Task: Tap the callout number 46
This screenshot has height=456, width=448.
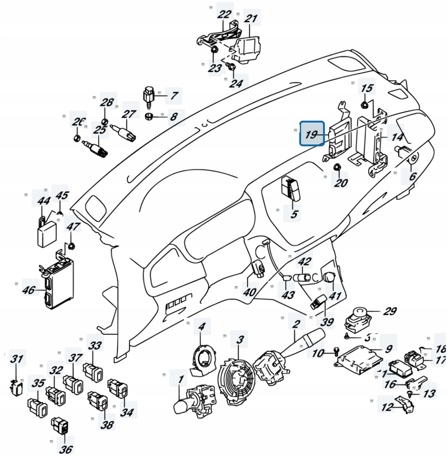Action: [x=29, y=290]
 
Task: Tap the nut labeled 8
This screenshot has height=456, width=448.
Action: [x=150, y=117]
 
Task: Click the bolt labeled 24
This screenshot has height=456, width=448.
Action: [x=231, y=67]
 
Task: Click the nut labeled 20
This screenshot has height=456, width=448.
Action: [x=337, y=168]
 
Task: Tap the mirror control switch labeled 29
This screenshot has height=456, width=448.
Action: [x=358, y=319]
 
